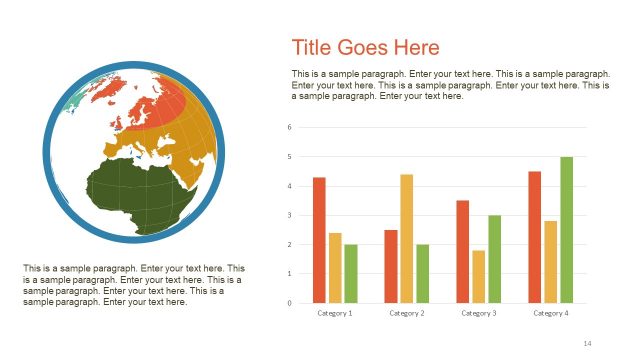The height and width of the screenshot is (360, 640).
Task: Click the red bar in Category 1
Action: [319, 240]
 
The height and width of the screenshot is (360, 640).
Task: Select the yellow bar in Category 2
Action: [406, 238]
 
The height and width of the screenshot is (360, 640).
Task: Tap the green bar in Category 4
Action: [566, 229]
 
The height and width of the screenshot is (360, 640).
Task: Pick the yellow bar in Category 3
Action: [478, 276]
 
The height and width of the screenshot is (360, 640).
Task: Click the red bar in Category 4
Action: [534, 237]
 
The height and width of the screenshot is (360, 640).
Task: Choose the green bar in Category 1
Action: [351, 273]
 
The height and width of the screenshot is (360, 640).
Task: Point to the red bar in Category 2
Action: [390, 266]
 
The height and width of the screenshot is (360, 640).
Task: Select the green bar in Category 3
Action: [494, 258]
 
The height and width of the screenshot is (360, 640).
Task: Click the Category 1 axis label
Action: [335, 313]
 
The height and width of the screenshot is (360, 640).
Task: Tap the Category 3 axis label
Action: [478, 313]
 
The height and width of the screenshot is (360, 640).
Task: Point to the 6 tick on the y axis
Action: [289, 127]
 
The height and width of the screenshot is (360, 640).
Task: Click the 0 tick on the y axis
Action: [289, 302]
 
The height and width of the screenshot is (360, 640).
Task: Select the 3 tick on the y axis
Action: [289, 215]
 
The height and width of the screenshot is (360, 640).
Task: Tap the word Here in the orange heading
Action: [413, 48]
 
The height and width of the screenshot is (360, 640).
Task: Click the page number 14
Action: [587, 343]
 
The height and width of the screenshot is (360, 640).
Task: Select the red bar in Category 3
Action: [462, 251]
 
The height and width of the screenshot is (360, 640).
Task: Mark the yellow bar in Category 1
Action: [335, 267]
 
